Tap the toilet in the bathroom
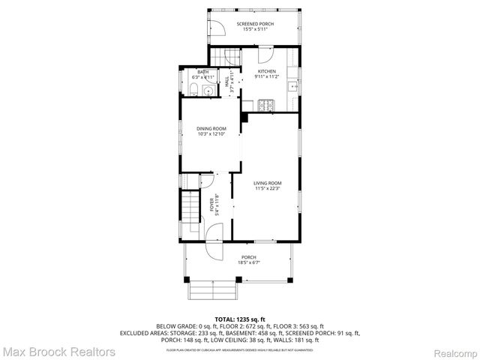pos(192,91)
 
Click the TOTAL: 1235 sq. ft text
pos(240,319)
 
